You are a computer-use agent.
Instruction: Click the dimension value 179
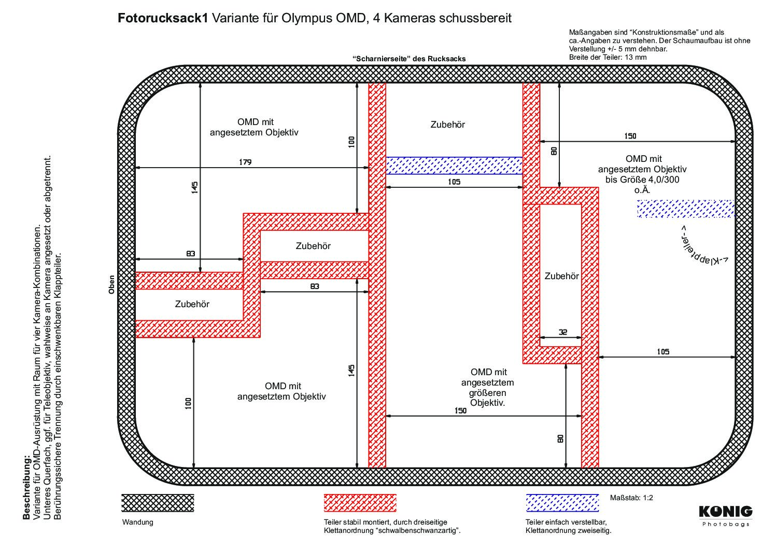click(245, 162)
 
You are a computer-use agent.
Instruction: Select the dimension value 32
click(563, 332)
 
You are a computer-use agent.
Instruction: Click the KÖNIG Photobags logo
click(726, 516)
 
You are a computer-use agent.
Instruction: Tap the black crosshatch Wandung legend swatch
click(158, 503)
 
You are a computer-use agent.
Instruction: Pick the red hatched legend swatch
click(360, 503)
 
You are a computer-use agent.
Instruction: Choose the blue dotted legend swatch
click(562, 503)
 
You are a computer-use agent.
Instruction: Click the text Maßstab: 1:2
click(631, 498)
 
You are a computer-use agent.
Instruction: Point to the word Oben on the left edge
click(111, 285)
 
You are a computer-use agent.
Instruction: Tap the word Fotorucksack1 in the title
click(163, 18)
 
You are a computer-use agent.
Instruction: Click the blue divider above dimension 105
click(454, 166)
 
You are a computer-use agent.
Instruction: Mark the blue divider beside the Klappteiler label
click(686, 209)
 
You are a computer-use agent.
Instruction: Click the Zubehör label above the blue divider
click(447, 125)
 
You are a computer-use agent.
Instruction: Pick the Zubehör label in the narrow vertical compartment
click(561, 276)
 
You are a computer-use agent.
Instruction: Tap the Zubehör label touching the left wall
click(192, 304)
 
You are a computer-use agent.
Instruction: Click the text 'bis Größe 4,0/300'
click(642, 180)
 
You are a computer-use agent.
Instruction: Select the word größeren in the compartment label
click(487, 393)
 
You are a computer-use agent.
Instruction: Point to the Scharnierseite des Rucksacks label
click(409, 59)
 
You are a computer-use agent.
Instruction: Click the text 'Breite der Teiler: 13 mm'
click(608, 57)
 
